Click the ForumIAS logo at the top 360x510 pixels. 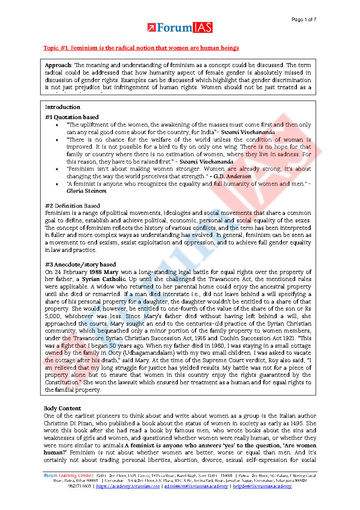pos(180,28)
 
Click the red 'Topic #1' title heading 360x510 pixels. pos(141,48)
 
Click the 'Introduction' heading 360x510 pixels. pos(63,107)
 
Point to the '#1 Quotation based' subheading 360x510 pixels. pos(71,117)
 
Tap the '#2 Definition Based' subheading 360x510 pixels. pos(72,206)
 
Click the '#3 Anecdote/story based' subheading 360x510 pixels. pos(80,265)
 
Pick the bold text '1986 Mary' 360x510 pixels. pos(104,272)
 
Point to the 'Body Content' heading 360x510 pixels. pos(62,409)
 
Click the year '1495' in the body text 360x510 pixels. pos(295,423)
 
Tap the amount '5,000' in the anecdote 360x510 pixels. pos(54,316)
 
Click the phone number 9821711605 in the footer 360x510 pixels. pos(80,486)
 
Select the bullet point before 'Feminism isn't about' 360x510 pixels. pos(58,169)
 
